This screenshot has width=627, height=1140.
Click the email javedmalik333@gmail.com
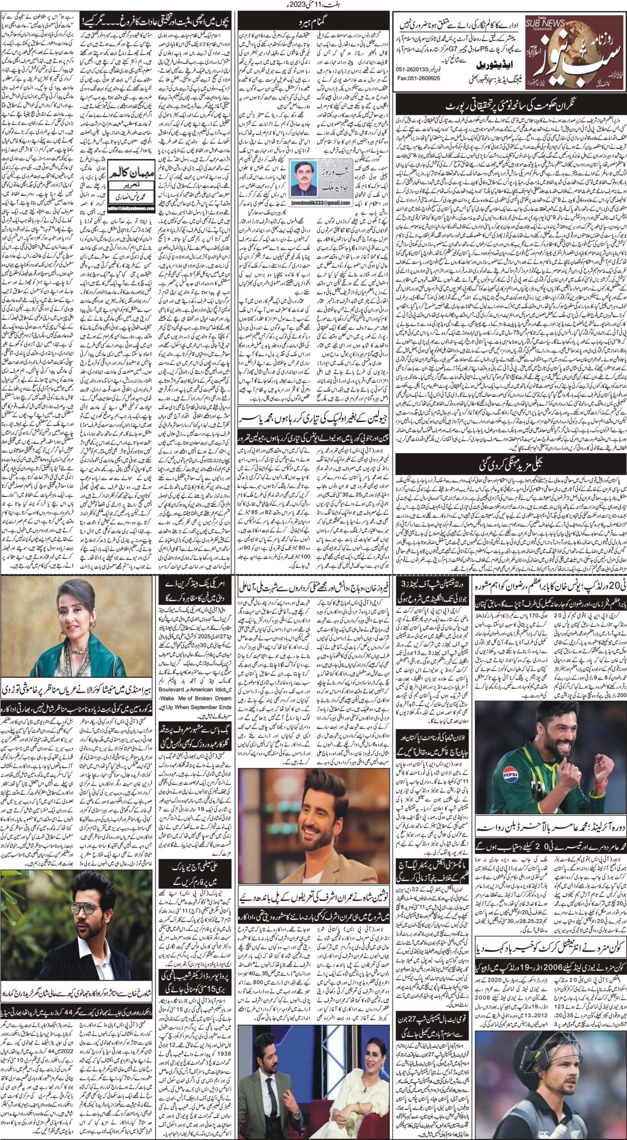(x=320, y=203)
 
